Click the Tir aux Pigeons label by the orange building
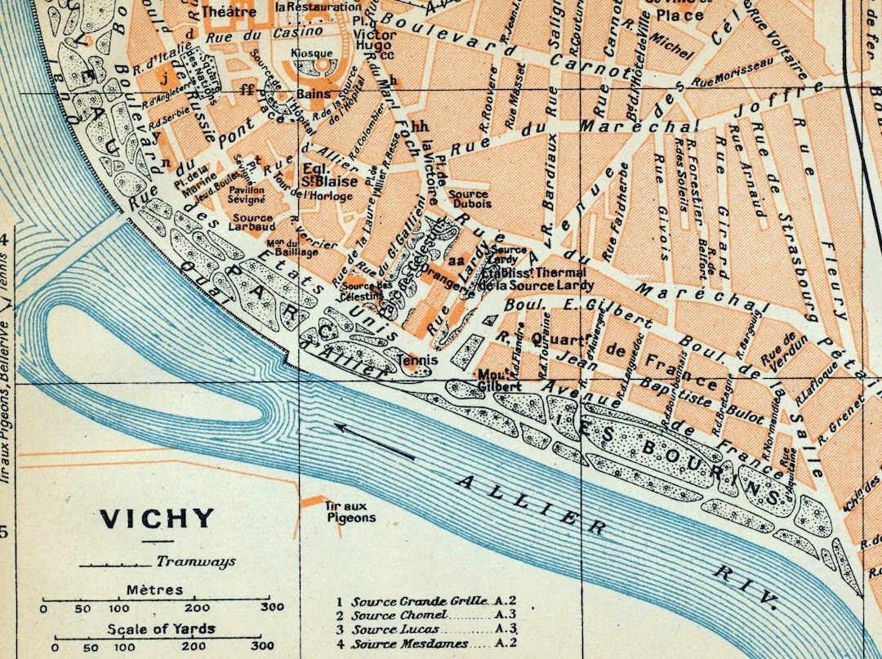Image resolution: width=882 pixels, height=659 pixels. pyautogui.click(x=350, y=511)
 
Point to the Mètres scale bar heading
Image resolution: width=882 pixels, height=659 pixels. pyautogui.click(x=154, y=590)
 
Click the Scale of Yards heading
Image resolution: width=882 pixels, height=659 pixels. pyautogui.click(x=161, y=628)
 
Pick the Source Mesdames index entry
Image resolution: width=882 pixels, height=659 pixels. pyautogui.click(x=409, y=644)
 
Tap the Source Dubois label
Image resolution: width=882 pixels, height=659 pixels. pyautogui.click(x=469, y=199)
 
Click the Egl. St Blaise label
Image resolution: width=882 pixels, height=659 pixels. pyautogui.click(x=319, y=180)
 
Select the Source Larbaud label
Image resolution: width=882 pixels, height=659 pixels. pyautogui.click(x=253, y=223)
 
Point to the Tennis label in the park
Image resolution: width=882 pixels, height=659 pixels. pyautogui.click(x=416, y=359)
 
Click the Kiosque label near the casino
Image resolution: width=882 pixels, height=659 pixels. pyautogui.click(x=312, y=54)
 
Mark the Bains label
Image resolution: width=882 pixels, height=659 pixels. pyautogui.click(x=314, y=94)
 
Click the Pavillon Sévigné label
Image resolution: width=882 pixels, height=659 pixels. pyautogui.click(x=246, y=194)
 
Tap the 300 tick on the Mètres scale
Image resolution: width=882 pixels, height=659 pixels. pyautogui.click(x=266, y=608)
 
